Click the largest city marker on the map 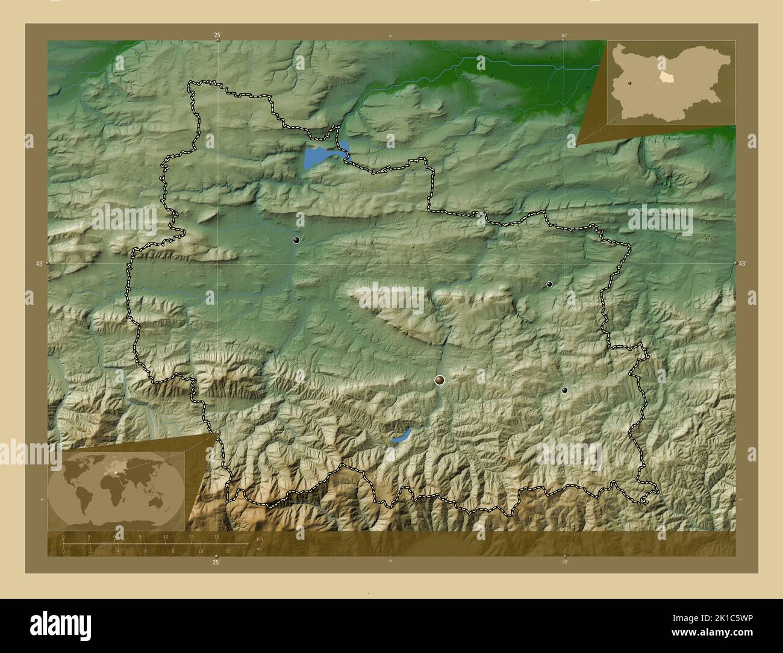coord(440,380)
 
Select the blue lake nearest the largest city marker coord(401,436)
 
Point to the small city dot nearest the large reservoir coord(296,240)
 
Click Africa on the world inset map coord(114,491)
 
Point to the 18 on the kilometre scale coord(216,536)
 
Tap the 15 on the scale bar coord(191,536)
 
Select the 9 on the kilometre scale coord(140,536)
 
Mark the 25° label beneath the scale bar coord(216,563)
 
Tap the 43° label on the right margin coord(742,263)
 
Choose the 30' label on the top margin coord(563,36)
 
